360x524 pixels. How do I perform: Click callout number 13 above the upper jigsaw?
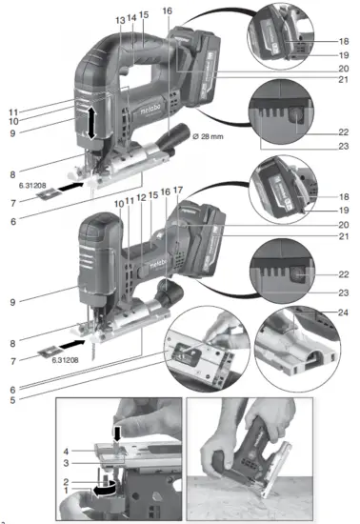click(x=119, y=19)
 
